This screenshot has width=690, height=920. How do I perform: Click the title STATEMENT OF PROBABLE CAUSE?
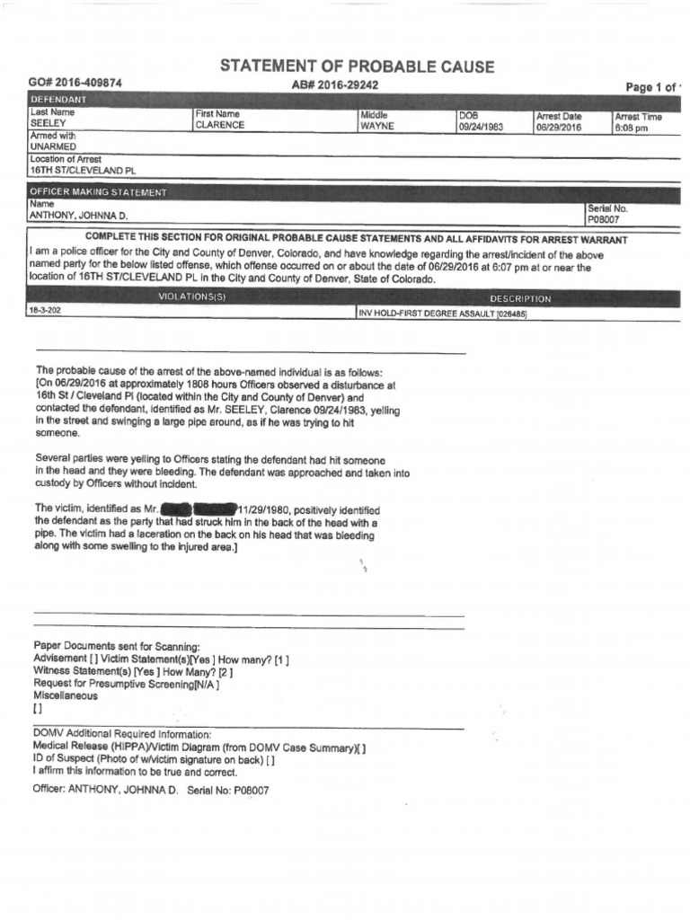pyautogui.click(x=357, y=67)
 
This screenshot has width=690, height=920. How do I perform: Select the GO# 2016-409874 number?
pyautogui.click(x=75, y=83)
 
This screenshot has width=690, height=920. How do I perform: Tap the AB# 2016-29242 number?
pyautogui.click(x=334, y=84)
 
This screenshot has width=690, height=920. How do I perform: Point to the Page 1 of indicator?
pyautogui.click(x=653, y=87)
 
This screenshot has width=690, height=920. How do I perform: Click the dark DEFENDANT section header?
pyautogui.click(x=59, y=99)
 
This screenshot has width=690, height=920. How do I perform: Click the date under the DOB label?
pyautogui.click(x=481, y=128)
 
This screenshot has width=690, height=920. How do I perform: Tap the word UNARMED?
pyautogui.click(x=53, y=146)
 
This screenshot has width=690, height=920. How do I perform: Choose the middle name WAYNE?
pyautogui.click(x=377, y=127)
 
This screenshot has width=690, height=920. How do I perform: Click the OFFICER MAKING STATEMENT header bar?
pyautogui.click(x=99, y=192)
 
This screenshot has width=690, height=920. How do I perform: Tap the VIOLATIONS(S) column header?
pyautogui.click(x=191, y=297)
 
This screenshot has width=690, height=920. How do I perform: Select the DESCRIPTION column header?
pyautogui.click(x=520, y=298)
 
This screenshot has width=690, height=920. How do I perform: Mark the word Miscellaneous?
pyautogui.click(x=66, y=695)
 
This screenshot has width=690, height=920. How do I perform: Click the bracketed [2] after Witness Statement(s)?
pyautogui.click(x=226, y=671)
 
